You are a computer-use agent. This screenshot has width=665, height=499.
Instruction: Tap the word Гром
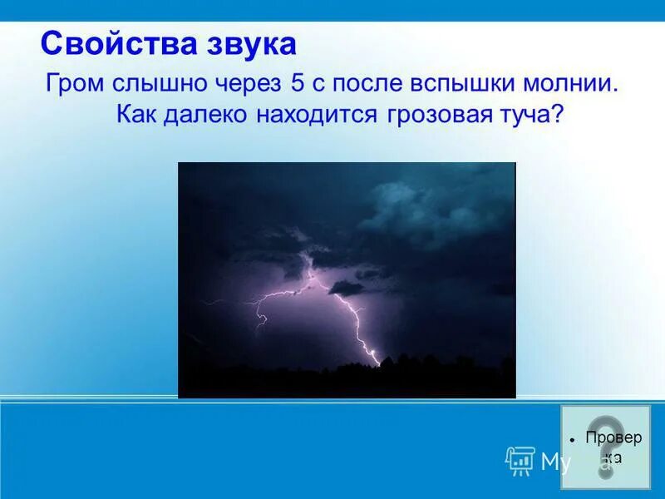[75, 84]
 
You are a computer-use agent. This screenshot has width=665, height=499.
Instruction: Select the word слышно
[161, 85]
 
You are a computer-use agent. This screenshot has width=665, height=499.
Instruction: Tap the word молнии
[576, 84]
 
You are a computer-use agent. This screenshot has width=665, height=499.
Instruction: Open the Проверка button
[605, 447]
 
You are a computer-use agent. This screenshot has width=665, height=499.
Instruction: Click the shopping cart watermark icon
[520, 460]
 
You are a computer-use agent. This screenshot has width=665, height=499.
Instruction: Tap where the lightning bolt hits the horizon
[377, 363]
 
